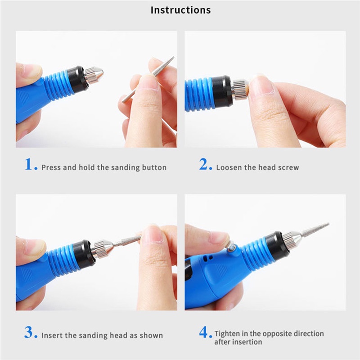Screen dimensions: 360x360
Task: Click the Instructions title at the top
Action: (180, 10)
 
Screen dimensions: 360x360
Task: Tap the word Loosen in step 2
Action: (229, 167)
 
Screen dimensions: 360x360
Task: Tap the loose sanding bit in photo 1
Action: (148, 79)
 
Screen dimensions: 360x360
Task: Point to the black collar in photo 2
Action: (221, 92)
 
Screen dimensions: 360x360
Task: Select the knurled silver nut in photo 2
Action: (240, 89)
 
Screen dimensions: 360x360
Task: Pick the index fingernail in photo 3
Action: (152, 234)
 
